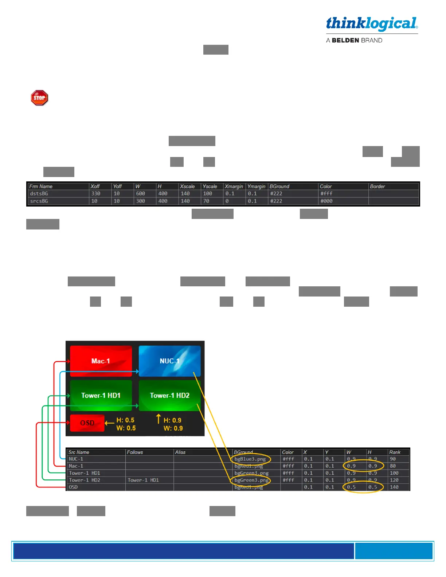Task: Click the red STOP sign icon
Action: click(39, 98)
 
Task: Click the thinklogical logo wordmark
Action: click(372, 24)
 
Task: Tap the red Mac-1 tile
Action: click(101, 361)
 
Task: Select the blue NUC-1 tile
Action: click(169, 361)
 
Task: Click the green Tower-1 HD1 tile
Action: click(101, 395)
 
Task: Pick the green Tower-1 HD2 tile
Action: click(169, 395)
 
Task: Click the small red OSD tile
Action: click(87, 423)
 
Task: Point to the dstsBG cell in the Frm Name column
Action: click(39, 193)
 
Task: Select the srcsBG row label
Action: click(39, 201)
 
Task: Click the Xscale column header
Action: click(187, 186)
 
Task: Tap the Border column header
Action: click(377, 186)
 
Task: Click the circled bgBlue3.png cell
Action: click(250, 459)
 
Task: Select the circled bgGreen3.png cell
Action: click(251, 480)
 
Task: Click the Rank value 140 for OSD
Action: click(394, 487)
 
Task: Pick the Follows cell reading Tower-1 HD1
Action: click(143, 480)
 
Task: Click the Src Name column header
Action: click(79, 452)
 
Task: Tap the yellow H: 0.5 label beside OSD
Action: click(125, 420)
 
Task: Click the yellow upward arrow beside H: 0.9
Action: click(158, 419)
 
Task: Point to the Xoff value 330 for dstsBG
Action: click(96, 193)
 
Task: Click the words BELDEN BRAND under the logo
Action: click(357, 40)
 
